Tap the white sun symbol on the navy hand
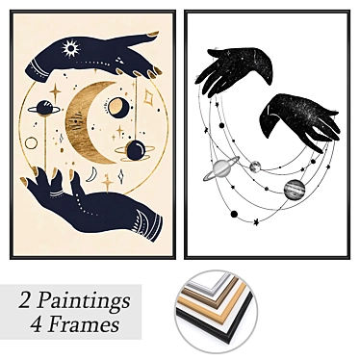pyautogui.click(x=70, y=49)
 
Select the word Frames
pyautogui.click(x=83, y=324)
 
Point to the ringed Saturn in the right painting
pyautogui.click(x=221, y=168)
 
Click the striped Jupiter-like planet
pyautogui.click(x=294, y=190)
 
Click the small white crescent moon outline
pyautogui.click(x=93, y=174)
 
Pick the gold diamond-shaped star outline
pyautogui.click(x=148, y=96)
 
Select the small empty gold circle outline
pyautogui.click(x=31, y=143)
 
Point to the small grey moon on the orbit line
pyautogui.click(x=255, y=167)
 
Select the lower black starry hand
pyautogui.click(x=300, y=120)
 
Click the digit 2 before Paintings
pyautogui.click(x=25, y=299)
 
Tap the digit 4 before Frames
pyautogui.click(x=37, y=324)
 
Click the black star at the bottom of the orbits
pyautogui.click(x=256, y=221)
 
